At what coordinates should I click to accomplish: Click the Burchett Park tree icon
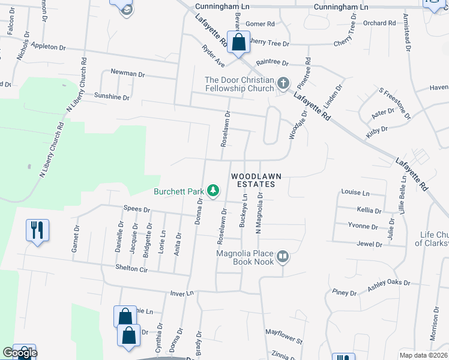tap(212, 191)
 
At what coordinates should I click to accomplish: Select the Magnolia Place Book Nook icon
tap(283, 257)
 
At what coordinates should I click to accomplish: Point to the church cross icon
tap(283, 83)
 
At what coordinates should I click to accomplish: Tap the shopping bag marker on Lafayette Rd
tap(239, 43)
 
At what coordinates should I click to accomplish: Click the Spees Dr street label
tap(136, 210)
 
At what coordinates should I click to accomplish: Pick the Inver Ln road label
tap(182, 293)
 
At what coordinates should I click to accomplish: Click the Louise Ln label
tap(355, 193)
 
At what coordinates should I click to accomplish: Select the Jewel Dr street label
tap(369, 244)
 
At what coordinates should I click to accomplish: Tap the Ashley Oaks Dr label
tap(388, 286)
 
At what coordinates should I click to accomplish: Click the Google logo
tap(19, 353)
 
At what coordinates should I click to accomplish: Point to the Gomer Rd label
tap(260, 24)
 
